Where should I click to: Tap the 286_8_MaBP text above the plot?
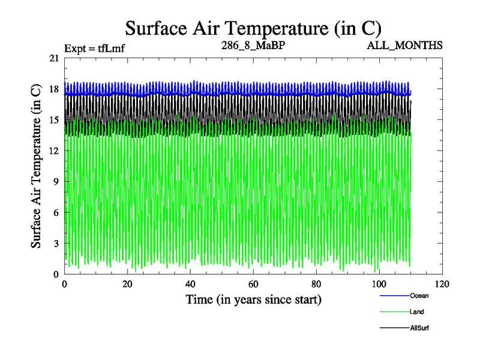(x=247, y=46)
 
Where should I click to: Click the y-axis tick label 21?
(x=54, y=58)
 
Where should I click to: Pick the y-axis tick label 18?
(x=54, y=89)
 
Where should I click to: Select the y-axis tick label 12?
(x=54, y=151)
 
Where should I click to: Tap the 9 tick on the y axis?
(x=56, y=182)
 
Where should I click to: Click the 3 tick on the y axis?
(x=56, y=244)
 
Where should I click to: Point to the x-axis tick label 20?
(x=127, y=284)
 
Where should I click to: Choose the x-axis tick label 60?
(x=253, y=284)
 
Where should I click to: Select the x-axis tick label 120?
(x=442, y=284)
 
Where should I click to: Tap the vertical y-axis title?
(x=36, y=166)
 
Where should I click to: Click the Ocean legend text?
(x=419, y=296)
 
